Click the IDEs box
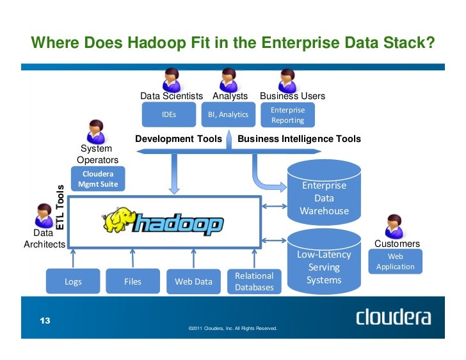pyautogui.click(x=169, y=115)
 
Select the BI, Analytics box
pyautogui.click(x=228, y=115)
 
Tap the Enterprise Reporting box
pyautogui.click(x=287, y=115)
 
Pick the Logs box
pyautogui.click(x=73, y=281)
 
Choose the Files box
pyautogui.click(x=133, y=281)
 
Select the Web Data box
pyautogui.click(x=193, y=281)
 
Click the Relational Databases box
pyautogui.click(x=254, y=282)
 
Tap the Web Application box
pyautogui.click(x=395, y=262)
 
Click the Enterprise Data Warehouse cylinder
pyautogui.click(x=324, y=192)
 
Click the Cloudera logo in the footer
pyautogui.click(x=393, y=318)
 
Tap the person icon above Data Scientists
pyautogui.click(x=171, y=79)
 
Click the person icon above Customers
pyautogui.click(x=393, y=226)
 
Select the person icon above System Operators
pyautogui.click(x=96, y=131)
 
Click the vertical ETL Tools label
pyautogui.click(x=61, y=207)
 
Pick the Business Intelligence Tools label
pyautogui.click(x=299, y=139)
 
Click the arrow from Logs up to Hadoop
pyautogui.click(x=74, y=258)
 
